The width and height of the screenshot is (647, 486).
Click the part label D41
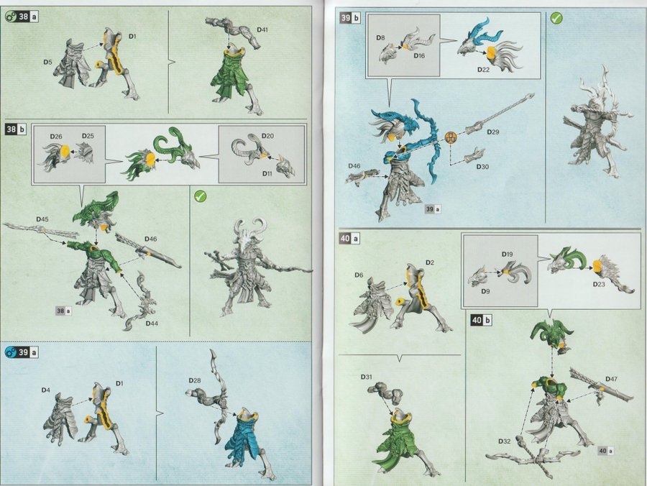coord(262,29)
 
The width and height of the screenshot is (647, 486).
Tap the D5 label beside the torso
coord(47,62)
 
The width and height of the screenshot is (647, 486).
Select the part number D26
coord(55,136)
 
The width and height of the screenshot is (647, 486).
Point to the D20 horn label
coord(267,136)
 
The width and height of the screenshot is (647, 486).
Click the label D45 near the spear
coord(42,219)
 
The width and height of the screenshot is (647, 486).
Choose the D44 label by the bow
coord(152,323)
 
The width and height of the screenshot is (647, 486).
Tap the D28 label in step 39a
coord(195,380)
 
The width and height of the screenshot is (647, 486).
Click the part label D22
coord(483,69)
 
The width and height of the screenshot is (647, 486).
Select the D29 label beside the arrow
coord(492,132)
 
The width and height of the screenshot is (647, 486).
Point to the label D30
coord(482,167)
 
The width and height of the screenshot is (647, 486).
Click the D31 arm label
coord(367,377)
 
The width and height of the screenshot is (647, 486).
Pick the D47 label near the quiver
coord(612,379)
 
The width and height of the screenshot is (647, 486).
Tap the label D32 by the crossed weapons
coord(504,441)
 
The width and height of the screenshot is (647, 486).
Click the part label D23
coord(599,284)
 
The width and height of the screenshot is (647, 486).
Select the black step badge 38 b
coord(15,129)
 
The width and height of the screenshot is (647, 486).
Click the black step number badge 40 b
coord(481,320)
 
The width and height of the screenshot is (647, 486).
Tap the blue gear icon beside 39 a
coord(10,352)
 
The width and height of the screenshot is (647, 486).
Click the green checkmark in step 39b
coord(556,18)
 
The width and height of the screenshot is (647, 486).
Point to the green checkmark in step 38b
coord(200,196)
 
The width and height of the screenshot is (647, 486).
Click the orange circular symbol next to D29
coord(451,138)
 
